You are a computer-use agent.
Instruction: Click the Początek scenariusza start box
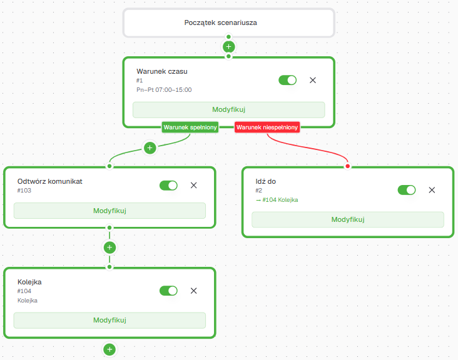(x=229, y=22)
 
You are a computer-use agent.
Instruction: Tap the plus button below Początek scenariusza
(x=229, y=47)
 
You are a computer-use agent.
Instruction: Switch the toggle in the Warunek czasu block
(x=287, y=80)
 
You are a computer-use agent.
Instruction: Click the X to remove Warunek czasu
(x=313, y=80)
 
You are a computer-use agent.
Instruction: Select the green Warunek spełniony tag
(x=190, y=127)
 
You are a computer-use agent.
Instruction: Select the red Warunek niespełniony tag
(x=267, y=127)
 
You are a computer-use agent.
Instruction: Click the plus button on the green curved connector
(x=150, y=148)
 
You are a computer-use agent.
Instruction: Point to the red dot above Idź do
(x=348, y=166)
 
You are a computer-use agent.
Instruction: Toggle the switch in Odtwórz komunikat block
(x=168, y=186)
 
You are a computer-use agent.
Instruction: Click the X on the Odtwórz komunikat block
(x=194, y=185)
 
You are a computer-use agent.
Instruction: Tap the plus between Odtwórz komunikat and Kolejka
(x=109, y=247)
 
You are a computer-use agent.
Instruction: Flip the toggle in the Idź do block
(x=407, y=190)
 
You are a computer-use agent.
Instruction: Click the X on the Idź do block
(x=432, y=190)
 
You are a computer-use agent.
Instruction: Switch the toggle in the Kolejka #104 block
(x=168, y=291)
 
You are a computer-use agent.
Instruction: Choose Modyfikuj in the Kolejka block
(x=109, y=321)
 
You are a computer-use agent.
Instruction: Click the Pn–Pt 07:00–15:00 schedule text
(x=164, y=90)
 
